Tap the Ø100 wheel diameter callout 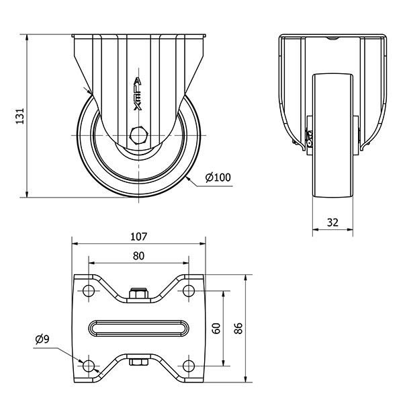pos(218,177)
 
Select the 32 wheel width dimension pos(332,222)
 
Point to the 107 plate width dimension pos(138,237)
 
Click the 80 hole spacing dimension pos(138,255)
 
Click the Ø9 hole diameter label pos(42,339)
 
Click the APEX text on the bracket pos(138,94)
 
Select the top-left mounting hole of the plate pos(87,290)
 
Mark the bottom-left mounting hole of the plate pos(87,365)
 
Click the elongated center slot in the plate pos(138,327)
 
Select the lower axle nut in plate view pos(138,363)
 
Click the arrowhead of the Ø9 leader pos(81,362)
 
